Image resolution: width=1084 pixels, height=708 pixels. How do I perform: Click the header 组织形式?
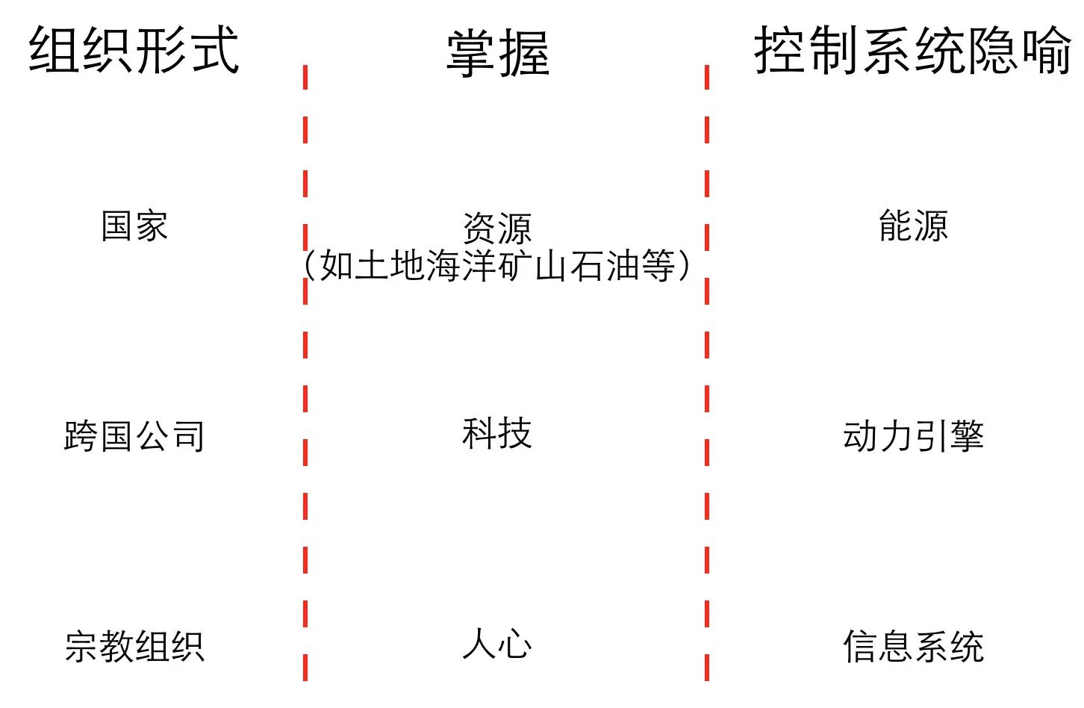[x=134, y=50]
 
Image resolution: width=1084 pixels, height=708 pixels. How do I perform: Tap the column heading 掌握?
[x=498, y=53]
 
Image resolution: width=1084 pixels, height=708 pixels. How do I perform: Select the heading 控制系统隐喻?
[x=912, y=50]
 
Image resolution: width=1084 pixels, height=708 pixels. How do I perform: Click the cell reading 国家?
[x=134, y=226]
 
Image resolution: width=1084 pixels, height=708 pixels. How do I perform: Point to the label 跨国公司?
[x=134, y=436]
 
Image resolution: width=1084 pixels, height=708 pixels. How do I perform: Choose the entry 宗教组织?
[x=134, y=646]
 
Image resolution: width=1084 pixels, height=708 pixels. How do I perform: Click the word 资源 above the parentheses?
[x=497, y=228]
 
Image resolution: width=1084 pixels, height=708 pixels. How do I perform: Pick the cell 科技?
[x=497, y=433]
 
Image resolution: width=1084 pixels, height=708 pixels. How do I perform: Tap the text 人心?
[x=497, y=644]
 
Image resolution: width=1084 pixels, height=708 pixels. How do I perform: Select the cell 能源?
[x=913, y=226]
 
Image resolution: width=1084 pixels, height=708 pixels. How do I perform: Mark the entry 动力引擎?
[x=913, y=436]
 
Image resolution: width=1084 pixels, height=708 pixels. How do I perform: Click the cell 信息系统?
[x=913, y=646]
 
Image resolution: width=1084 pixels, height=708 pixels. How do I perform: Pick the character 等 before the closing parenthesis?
[x=658, y=266]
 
